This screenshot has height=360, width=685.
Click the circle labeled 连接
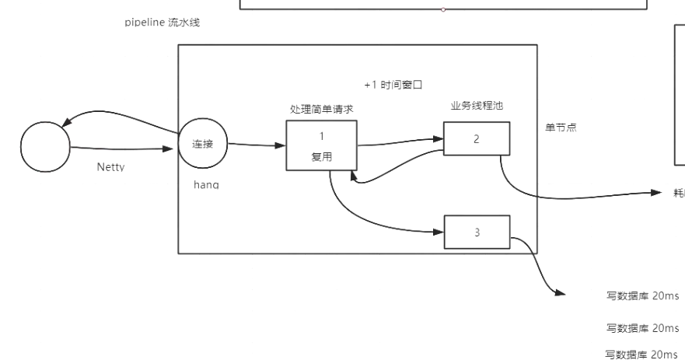pos(203,144)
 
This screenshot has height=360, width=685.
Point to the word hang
pos(205,185)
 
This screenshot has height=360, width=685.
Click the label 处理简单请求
pos(321,110)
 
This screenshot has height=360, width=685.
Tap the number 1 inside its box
pos(321,135)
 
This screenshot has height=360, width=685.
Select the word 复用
pos(321,156)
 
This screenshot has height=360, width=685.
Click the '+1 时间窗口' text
pos(393,84)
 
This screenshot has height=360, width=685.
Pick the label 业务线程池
pos(477,106)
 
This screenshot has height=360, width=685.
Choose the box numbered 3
pos(477,232)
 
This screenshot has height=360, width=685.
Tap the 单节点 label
pos(560,128)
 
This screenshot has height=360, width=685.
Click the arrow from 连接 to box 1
pos(257,144)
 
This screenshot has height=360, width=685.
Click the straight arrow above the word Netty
pos(121,149)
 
